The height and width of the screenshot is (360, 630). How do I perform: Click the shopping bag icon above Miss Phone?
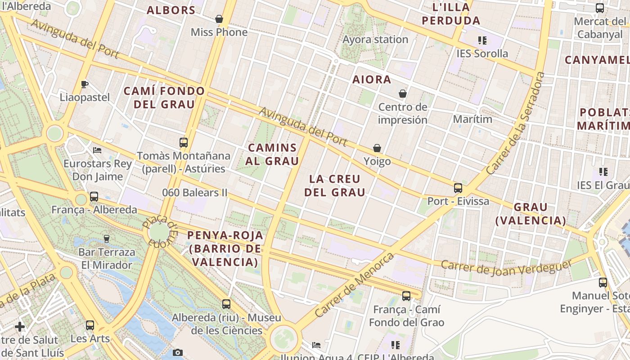pos(219,19)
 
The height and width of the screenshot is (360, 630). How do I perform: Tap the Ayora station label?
pos(375,40)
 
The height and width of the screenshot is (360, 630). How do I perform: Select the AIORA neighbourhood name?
pos(372,80)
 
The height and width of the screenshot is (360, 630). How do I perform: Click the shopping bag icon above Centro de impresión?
pos(403,94)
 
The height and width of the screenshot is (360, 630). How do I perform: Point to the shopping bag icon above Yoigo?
pos(377,148)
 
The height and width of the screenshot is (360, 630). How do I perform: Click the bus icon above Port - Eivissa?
pos(458,188)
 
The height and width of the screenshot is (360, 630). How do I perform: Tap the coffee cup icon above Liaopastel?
pos(84,84)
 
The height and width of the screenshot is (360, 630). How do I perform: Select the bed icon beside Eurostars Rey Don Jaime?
pos(97,150)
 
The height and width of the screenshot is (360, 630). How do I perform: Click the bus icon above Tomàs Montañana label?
pos(184,143)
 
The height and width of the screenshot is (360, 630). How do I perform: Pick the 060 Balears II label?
pos(195,193)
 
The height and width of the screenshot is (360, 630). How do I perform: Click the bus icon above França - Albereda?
pos(94,196)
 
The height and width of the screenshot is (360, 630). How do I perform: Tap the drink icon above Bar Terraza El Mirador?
pos(107,238)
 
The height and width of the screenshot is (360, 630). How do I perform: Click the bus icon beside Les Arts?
pos(90,325)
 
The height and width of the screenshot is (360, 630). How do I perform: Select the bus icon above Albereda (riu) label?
pos(226,304)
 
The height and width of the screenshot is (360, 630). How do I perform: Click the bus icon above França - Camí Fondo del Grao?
pos(406,296)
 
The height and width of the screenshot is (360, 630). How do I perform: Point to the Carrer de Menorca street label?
pos(355,285)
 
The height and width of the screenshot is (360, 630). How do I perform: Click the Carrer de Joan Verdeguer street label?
pos(507,267)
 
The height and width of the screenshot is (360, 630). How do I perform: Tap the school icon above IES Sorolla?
pos(482,40)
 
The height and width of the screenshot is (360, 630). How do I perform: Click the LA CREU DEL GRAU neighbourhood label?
pos(335,186)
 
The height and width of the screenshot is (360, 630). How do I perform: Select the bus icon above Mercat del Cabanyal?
pos(600,8)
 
